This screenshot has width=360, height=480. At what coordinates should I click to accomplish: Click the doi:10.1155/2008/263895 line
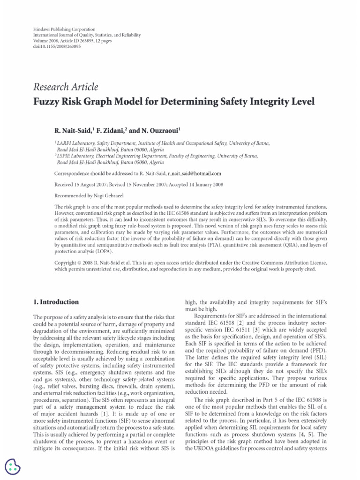click(x=53, y=47)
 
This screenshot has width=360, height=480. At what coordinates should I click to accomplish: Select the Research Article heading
click(x=66, y=87)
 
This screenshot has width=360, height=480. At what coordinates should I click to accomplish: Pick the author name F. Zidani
click(x=108, y=130)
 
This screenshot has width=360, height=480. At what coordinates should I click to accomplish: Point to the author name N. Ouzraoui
click(x=153, y=130)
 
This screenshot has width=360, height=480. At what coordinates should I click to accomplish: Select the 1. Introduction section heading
click(x=56, y=302)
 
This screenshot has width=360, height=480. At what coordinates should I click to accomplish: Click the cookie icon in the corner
click(x=13, y=466)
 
